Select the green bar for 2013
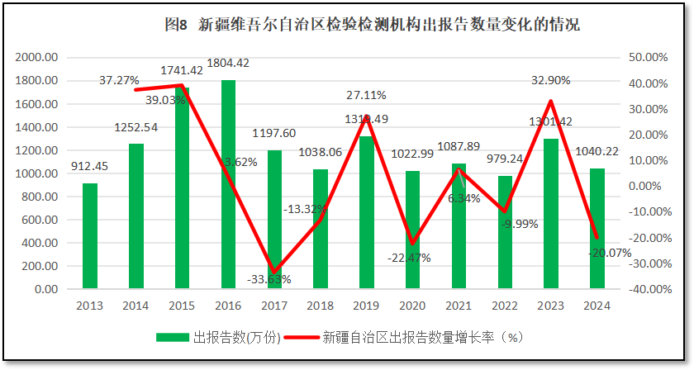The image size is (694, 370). pyautogui.click(x=90, y=236)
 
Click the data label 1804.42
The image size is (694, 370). pyautogui.click(x=227, y=63)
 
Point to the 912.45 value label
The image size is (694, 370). pyautogui.click(x=90, y=168)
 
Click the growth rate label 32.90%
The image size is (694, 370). pyautogui.click(x=549, y=80)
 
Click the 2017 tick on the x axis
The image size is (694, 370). pyautogui.click(x=274, y=306)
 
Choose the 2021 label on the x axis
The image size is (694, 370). pyautogui.click(x=459, y=306)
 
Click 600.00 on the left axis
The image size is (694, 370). pyautogui.click(x=40, y=221)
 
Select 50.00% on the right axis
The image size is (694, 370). pyautogui.click(x=647, y=58)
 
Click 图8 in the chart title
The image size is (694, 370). pyautogui.click(x=177, y=25)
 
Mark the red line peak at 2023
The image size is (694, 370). pyautogui.click(x=550, y=101)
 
